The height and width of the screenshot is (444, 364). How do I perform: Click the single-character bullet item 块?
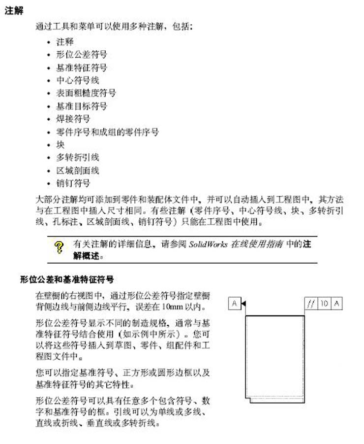[61, 145]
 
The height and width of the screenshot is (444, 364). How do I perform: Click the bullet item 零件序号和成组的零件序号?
[108, 132]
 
